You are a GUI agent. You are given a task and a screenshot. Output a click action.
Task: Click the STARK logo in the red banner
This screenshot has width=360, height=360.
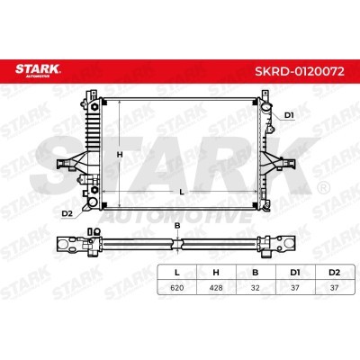click(38, 70)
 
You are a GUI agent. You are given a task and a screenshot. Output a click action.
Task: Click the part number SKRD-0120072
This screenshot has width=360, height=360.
click(300, 71)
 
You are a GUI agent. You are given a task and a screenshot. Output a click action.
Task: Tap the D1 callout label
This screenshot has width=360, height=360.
click(289, 115)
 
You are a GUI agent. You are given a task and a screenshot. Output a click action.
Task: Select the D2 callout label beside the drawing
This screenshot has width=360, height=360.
click(67, 213)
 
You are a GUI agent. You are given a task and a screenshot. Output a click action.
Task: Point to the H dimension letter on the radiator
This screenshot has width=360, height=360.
click(120, 155)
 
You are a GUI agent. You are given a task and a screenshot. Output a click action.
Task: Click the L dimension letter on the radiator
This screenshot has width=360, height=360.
click(181, 193)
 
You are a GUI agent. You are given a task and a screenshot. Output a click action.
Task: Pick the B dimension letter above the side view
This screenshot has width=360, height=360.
click(177, 226)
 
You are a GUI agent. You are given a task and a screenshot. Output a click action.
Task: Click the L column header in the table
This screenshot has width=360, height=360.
click(177, 273)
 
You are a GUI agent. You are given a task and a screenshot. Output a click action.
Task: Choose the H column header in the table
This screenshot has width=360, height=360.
click(216, 273)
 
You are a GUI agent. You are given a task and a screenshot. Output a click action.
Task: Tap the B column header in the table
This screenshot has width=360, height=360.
click(256, 273)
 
